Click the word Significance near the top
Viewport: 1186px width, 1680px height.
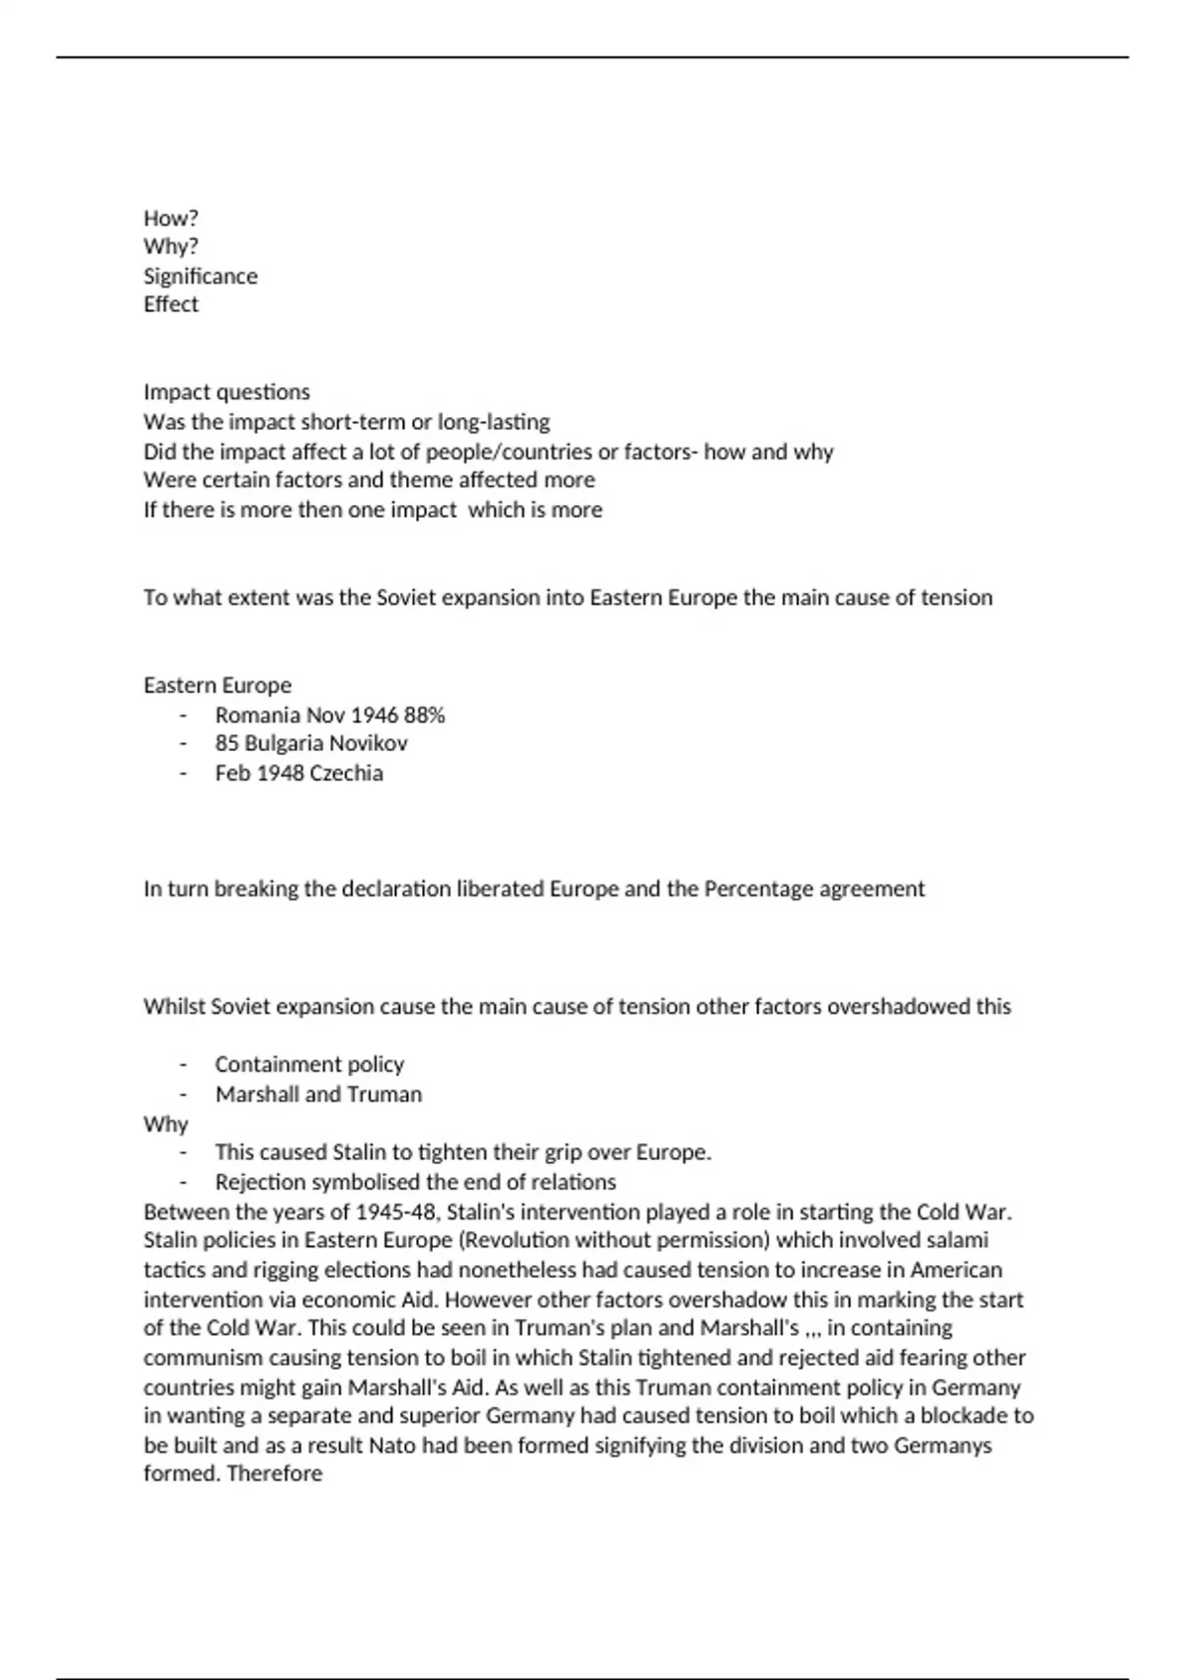pos(200,276)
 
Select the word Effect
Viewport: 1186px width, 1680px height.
pos(171,304)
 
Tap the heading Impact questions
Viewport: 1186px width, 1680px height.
pos(226,392)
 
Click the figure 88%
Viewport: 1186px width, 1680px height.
pos(425,714)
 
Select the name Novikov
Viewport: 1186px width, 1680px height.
pos(368,743)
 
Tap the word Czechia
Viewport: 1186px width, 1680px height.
pos(346,773)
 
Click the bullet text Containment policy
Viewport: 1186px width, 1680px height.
pos(309,1064)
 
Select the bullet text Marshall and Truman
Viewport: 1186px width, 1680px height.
pos(318,1094)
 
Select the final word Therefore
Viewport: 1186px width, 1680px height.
pos(275,1473)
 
